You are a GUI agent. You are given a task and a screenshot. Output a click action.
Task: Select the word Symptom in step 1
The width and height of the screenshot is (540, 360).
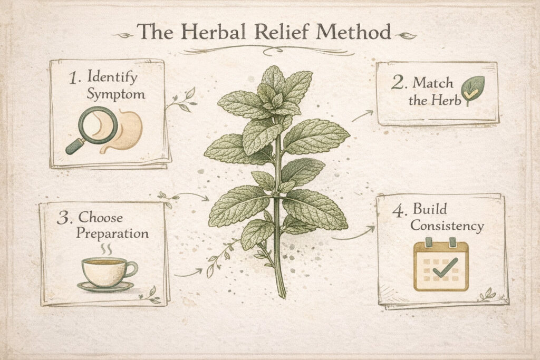tap(115, 94)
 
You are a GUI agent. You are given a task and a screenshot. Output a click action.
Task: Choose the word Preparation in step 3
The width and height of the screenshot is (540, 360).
tap(112, 233)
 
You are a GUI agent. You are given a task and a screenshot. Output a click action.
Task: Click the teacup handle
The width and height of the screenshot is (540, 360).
tap(131, 269)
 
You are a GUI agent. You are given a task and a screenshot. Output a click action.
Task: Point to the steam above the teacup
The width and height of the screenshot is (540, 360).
tap(106, 249)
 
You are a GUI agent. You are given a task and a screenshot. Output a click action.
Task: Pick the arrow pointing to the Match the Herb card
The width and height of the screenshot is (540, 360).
tap(362, 115)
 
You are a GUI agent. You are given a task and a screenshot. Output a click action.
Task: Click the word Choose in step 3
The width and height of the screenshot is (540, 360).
tap(100, 218)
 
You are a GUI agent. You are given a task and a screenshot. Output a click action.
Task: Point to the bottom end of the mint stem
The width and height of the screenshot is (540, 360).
tap(283, 296)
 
